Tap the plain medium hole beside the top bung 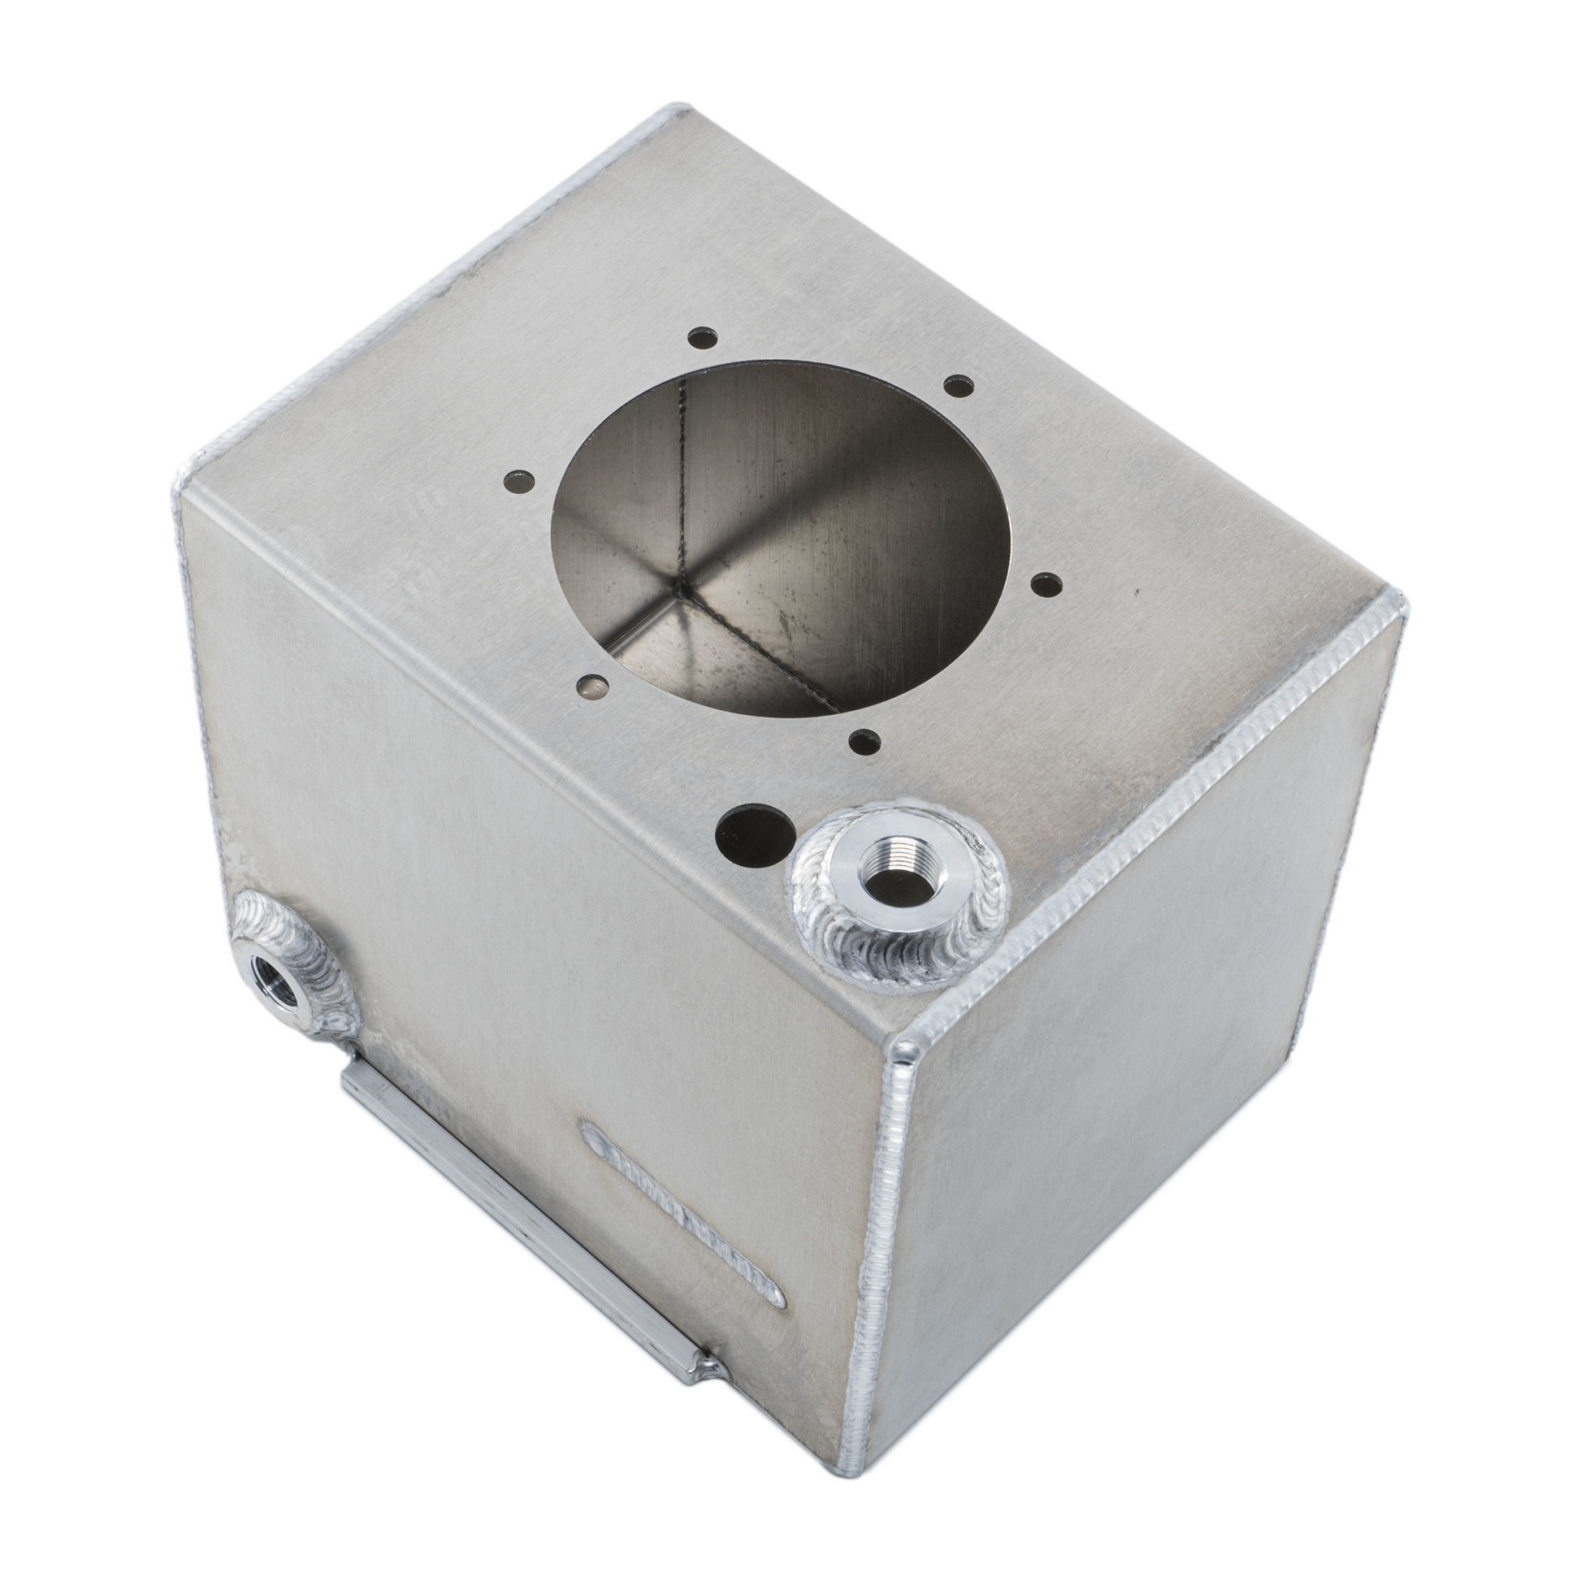click(x=754, y=834)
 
